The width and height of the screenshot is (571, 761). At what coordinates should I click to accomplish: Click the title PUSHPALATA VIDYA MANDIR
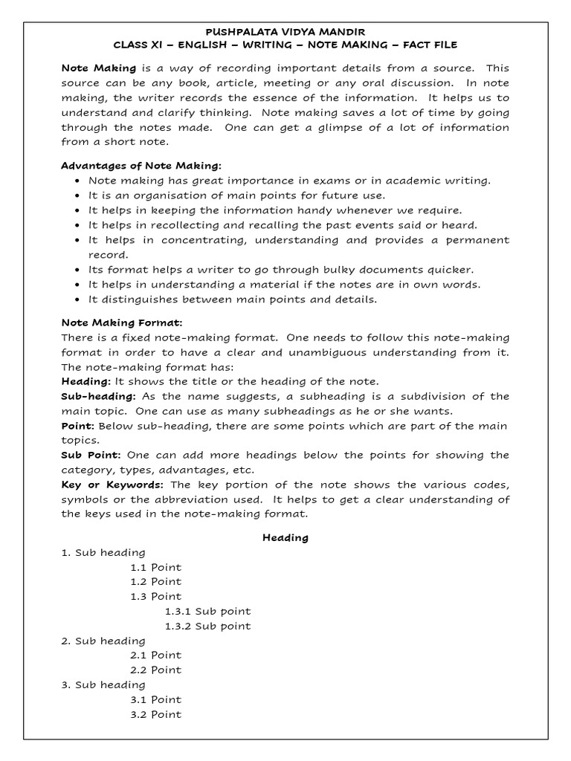(x=285, y=33)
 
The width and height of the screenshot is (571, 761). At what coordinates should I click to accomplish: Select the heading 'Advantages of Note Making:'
(x=141, y=165)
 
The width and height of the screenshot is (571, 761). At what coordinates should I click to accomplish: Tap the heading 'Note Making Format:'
(x=122, y=323)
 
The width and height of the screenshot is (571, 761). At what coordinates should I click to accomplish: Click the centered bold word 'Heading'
(x=285, y=537)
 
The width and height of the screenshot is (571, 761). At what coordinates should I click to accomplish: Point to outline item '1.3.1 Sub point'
(x=207, y=611)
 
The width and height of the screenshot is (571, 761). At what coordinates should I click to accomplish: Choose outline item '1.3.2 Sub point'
(x=207, y=626)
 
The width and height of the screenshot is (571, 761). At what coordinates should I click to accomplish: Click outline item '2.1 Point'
(x=155, y=655)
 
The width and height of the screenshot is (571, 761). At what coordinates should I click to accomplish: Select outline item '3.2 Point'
(x=155, y=714)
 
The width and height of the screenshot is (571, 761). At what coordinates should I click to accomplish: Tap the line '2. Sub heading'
(x=103, y=641)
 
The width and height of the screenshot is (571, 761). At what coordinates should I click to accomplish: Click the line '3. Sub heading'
(x=103, y=684)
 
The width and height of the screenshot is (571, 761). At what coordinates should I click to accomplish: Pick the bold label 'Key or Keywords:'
(x=112, y=485)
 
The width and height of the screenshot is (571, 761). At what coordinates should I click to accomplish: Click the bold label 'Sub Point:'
(x=91, y=455)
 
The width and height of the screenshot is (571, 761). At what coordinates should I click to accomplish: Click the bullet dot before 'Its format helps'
(x=78, y=270)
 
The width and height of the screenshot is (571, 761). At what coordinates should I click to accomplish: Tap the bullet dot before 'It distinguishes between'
(x=78, y=299)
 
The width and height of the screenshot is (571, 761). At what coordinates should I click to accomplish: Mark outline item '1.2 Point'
(x=155, y=581)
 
